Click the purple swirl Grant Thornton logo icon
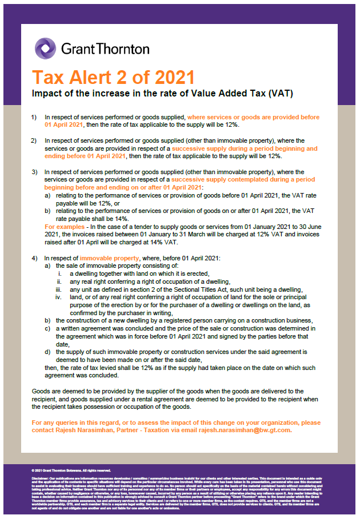tap(45, 48)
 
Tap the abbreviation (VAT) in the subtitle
tap(283, 93)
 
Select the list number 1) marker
tap(34, 118)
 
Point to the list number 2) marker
tap(34, 140)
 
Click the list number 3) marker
tap(34, 172)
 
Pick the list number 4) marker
tap(34, 259)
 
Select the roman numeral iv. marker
tap(58, 297)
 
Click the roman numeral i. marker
tap(60, 273)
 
